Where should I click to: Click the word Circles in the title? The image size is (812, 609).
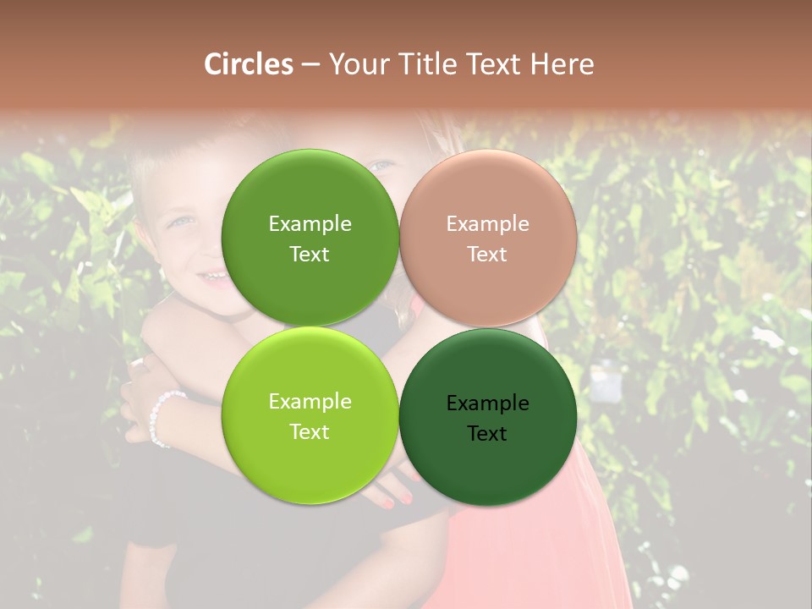click(x=248, y=64)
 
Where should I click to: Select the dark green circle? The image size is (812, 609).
click(x=488, y=416)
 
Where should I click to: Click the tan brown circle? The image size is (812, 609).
click(x=488, y=238)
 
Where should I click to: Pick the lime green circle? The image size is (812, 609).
click(x=310, y=416)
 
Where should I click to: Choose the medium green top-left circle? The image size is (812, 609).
click(x=310, y=238)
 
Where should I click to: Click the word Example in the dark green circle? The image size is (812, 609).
click(x=487, y=403)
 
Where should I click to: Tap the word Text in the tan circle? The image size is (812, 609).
click(x=487, y=255)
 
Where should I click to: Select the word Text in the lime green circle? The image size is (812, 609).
click(x=310, y=432)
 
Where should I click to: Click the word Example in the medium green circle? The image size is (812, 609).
click(x=310, y=224)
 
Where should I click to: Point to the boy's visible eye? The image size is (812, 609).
click(x=182, y=222)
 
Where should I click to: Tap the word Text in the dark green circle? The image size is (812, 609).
click(x=487, y=434)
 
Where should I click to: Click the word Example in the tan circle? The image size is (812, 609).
click(x=487, y=224)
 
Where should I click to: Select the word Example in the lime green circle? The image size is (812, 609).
click(x=310, y=402)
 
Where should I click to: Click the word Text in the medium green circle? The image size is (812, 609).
click(x=310, y=255)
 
